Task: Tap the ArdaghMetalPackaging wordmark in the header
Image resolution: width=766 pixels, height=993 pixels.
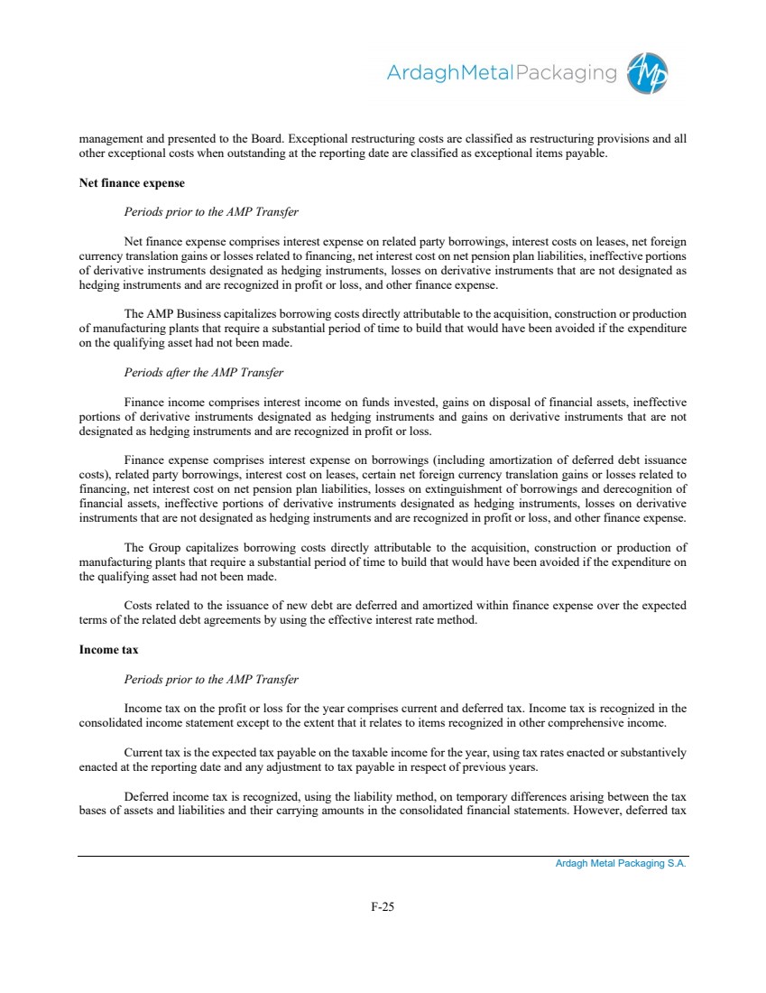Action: [502, 73]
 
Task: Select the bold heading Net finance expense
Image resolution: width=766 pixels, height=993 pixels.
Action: [132, 183]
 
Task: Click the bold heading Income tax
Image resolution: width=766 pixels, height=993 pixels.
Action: [108, 650]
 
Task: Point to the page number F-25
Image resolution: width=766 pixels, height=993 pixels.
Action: [383, 907]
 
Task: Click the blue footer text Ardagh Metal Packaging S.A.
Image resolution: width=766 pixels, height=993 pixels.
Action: [621, 864]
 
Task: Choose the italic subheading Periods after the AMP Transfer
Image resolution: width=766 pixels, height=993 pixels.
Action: [204, 373]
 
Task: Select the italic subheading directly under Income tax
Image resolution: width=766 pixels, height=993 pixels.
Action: [211, 679]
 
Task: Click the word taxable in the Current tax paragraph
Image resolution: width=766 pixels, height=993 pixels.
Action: [374, 752]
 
